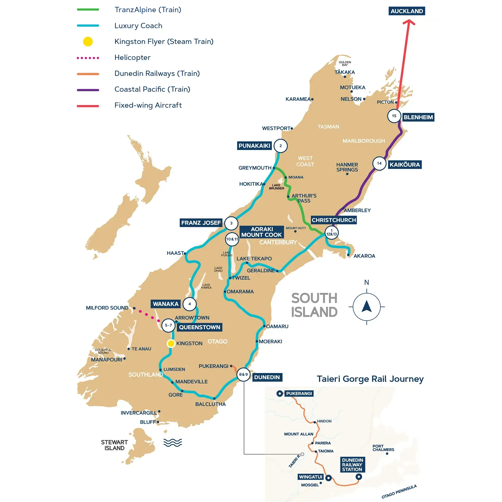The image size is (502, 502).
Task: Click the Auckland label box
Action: [407, 11]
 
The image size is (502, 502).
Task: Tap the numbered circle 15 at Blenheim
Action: [394, 116]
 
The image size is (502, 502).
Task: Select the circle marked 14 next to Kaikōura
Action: [379, 163]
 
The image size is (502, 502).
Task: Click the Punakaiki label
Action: [254, 146]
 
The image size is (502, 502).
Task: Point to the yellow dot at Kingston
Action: [171, 343]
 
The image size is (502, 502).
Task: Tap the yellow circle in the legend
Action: [88, 42]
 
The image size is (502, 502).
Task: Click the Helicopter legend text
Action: [132, 58]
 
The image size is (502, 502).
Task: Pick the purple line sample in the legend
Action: [88, 90]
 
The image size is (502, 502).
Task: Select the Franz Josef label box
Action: [201, 223]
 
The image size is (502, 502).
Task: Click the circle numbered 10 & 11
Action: [232, 239]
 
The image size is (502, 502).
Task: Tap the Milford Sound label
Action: [107, 308]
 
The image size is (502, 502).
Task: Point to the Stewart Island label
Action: [114, 445]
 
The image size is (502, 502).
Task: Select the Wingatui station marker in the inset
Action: [328, 478]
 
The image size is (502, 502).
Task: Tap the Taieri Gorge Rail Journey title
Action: [370, 379]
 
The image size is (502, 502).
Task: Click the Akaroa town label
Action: [364, 256]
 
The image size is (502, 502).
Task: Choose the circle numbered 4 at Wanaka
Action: [190, 304]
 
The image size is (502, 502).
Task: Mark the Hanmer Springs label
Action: [347, 167]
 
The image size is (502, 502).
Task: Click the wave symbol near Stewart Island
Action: [173, 443]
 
